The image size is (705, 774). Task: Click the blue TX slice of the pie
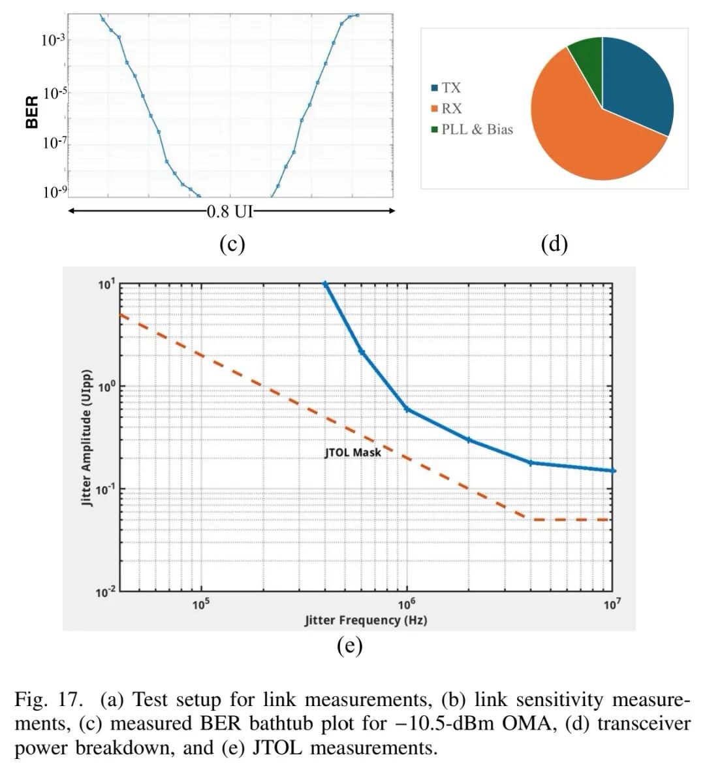[x=636, y=82]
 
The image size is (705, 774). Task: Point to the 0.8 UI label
[x=230, y=212]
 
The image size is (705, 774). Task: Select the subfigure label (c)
[x=232, y=244]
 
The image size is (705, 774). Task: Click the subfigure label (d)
[x=554, y=244]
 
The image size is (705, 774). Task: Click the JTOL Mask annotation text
[x=352, y=453]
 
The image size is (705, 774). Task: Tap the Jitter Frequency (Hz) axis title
[x=366, y=620]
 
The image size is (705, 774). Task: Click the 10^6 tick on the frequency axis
[x=406, y=604]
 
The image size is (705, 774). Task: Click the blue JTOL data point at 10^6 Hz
[x=407, y=410]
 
